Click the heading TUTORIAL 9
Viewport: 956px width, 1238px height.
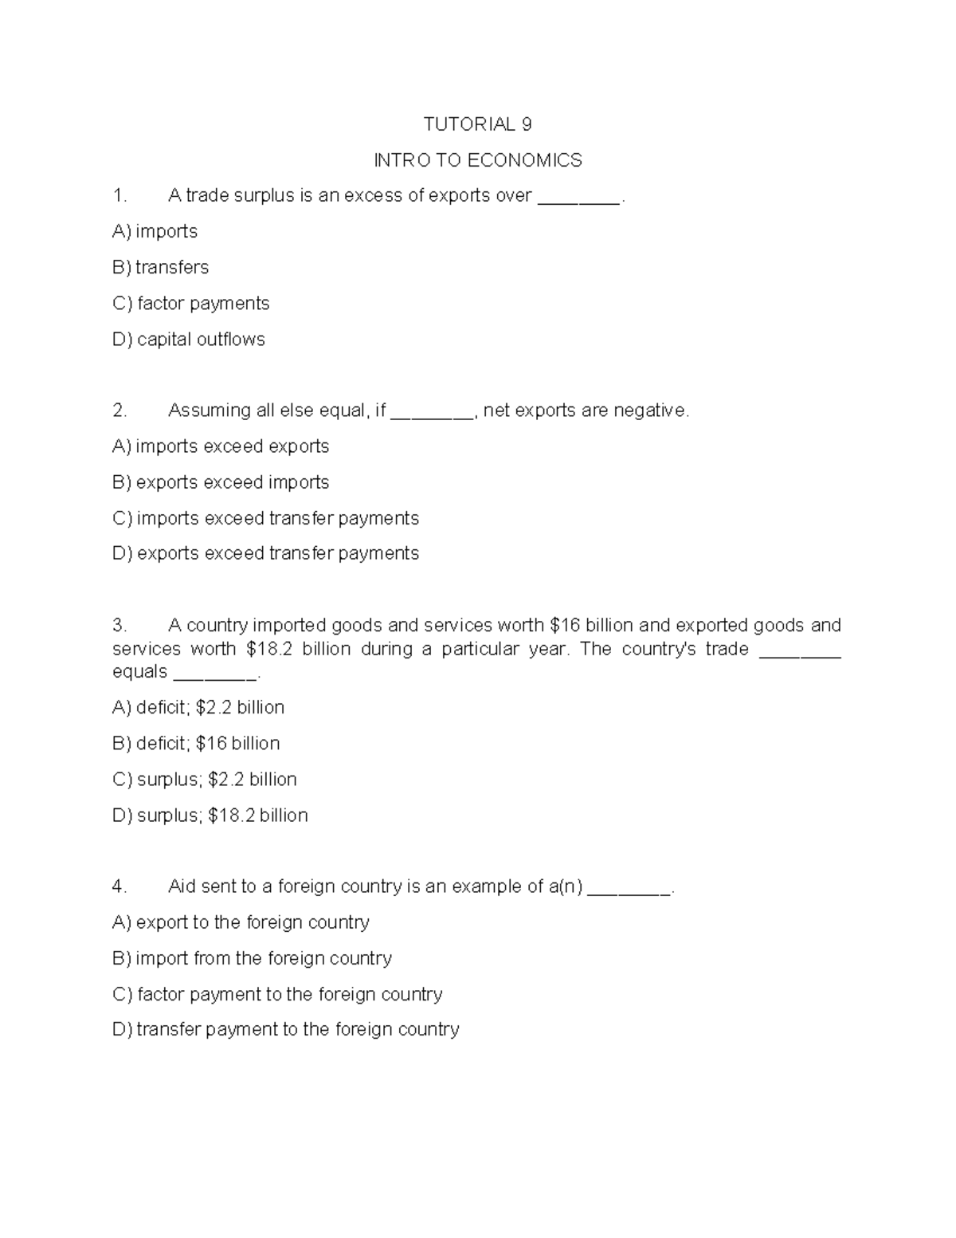pos(477,124)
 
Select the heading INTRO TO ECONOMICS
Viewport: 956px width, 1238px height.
pos(478,160)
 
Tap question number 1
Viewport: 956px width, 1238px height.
pos(119,196)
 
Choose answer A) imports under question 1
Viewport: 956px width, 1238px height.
pos(155,232)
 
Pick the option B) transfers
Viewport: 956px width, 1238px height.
pos(161,268)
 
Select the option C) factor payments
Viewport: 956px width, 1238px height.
pos(191,304)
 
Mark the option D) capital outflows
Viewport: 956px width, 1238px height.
pos(189,340)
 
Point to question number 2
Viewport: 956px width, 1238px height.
pos(119,411)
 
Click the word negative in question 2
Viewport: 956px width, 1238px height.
pos(649,411)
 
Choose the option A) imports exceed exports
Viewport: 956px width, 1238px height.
pos(221,446)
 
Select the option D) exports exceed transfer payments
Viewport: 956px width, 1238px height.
pos(266,553)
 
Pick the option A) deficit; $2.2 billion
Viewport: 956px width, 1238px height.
pos(198,708)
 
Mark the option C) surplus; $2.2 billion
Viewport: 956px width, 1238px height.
pos(205,780)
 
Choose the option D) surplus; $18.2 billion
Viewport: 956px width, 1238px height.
pos(210,816)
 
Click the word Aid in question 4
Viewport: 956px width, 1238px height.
pos(182,886)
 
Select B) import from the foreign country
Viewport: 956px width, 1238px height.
pos(253,958)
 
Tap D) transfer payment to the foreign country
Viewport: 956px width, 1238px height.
pos(286,1030)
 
